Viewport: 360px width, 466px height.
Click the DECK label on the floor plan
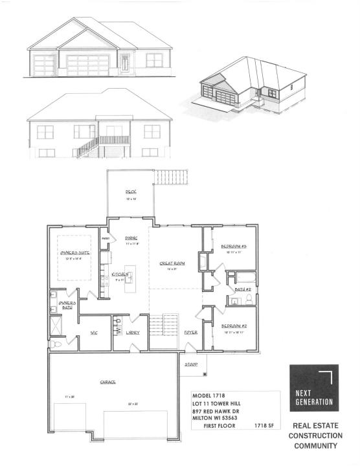tap(129, 192)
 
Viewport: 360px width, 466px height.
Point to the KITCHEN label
tap(120, 275)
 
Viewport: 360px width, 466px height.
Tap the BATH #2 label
tap(243, 289)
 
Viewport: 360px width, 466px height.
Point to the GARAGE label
tap(108, 383)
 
